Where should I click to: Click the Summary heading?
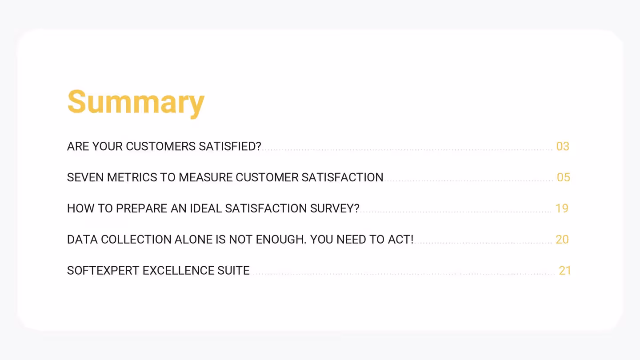pyautogui.click(x=136, y=102)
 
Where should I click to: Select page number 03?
pyautogui.click(x=563, y=146)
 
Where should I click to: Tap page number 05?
pyautogui.click(x=563, y=177)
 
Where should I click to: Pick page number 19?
pyautogui.click(x=562, y=208)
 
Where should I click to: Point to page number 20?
pyautogui.click(x=562, y=239)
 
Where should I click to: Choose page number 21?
pyautogui.click(x=565, y=270)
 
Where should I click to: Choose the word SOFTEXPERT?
pyautogui.click(x=103, y=270)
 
